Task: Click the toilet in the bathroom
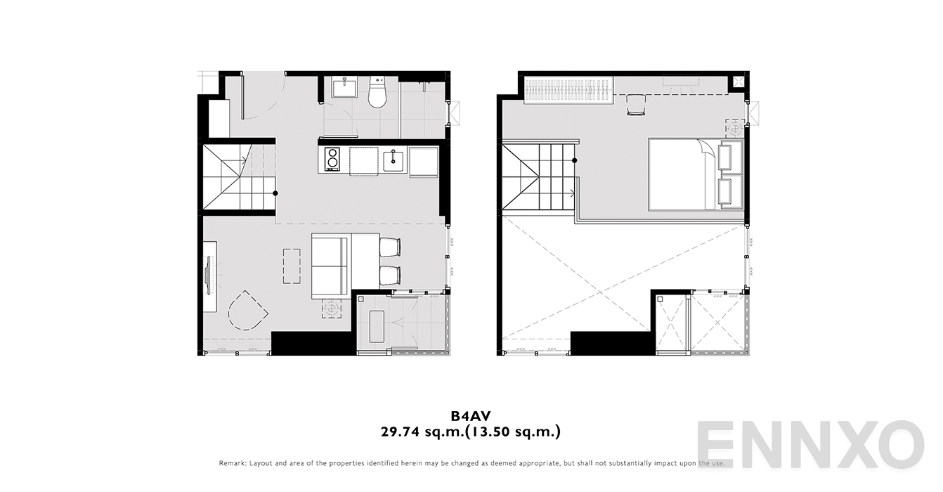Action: (x=377, y=92)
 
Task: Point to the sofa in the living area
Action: (x=331, y=266)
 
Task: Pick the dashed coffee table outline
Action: (x=292, y=266)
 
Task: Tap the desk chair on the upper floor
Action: (x=636, y=104)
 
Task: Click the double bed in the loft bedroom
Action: (x=696, y=174)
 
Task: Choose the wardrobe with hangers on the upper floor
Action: (x=568, y=90)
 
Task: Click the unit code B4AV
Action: (x=471, y=416)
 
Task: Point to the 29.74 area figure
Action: (x=400, y=432)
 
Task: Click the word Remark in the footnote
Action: (x=233, y=463)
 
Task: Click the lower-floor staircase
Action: (x=239, y=177)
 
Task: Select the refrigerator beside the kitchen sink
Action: (x=424, y=162)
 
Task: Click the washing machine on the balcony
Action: (x=377, y=327)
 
